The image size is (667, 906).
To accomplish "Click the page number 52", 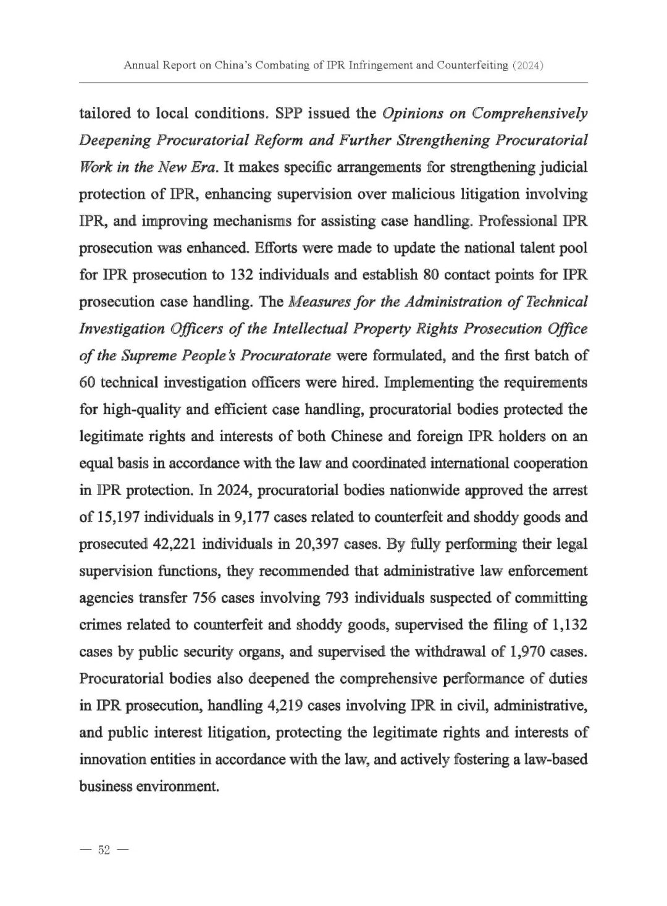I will (x=103, y=850).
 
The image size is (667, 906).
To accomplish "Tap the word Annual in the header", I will (x=141, y=65).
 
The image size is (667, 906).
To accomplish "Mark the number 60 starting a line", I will (x=87, y=383).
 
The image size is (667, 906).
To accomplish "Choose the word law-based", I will (x=556, y=760).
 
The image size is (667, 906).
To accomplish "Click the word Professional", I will (x=509, y=221).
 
